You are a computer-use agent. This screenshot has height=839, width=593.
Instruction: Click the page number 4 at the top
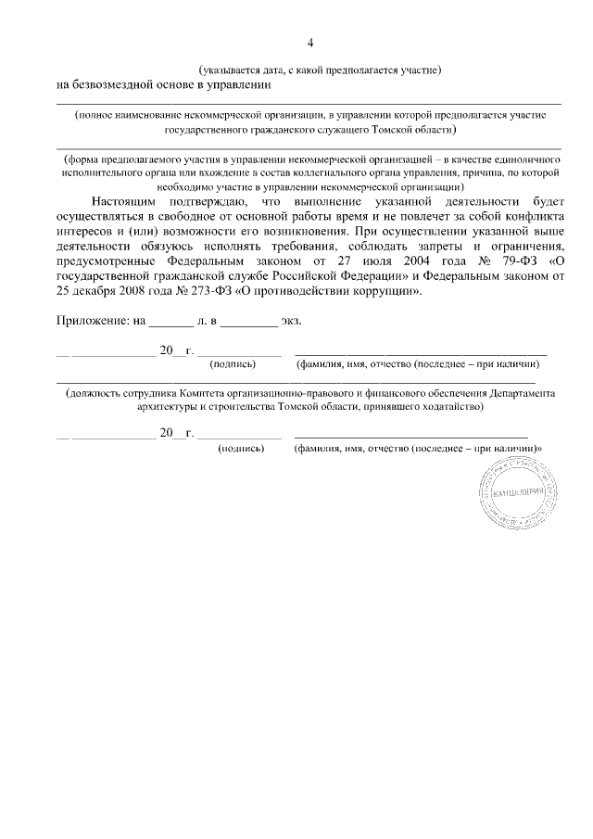point(310,43)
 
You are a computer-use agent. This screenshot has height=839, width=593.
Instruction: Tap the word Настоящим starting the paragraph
point(123,200)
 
